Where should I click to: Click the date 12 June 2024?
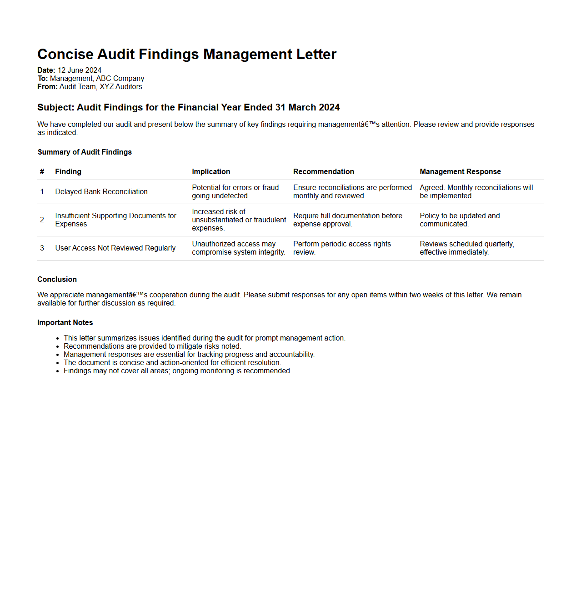[x=80, y=70]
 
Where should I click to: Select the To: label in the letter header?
[x=43, y=78]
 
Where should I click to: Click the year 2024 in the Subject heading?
[x=330, y=107]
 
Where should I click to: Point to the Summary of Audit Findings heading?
[x=85, y=152]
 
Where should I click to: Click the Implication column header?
[x=211, y=171]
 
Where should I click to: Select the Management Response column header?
[x=460, y=171]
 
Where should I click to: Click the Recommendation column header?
[x=323, y=171]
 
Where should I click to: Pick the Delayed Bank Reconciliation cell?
[x=101, y=191]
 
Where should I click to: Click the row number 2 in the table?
[x=42, y=220]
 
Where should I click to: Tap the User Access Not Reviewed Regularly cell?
[x=115, y=248]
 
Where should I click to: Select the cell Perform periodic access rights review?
[x=342, y=248]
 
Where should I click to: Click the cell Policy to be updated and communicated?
[x=460, y=220]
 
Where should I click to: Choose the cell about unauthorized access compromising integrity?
[x=238, y=248]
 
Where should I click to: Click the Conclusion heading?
[x=57, y=279]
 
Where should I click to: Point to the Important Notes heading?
[x=65, y=322]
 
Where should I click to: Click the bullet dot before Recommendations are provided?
[x=58, y=346]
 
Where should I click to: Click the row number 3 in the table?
[x=42, y=248]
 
